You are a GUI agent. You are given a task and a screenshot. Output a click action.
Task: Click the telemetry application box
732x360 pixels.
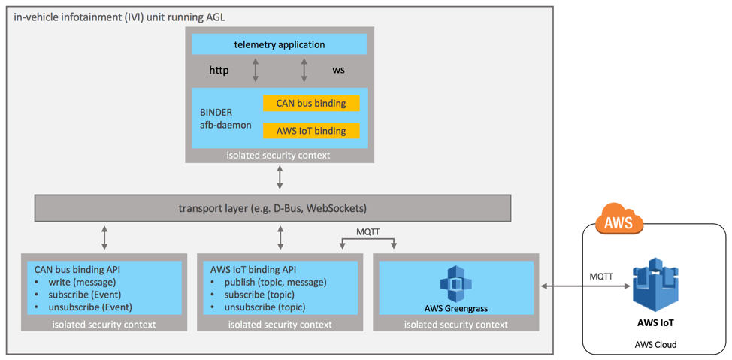(x=279, y=44)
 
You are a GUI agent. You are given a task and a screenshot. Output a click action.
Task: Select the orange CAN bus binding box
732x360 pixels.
(x=311, y=103)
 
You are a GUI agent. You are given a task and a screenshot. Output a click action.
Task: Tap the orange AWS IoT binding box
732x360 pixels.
(x=311, y=131)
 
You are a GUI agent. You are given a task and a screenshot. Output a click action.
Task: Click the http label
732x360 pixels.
(x=219, y=71)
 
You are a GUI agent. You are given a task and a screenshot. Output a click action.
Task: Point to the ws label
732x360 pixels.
(x=338, y=70)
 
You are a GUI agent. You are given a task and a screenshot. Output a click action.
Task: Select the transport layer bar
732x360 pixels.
(x=272, y=208)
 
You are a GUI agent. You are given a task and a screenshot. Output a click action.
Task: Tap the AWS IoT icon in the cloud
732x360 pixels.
(x=655, y=285)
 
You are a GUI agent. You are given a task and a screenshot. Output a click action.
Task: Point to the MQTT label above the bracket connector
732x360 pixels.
(x=368, y=232)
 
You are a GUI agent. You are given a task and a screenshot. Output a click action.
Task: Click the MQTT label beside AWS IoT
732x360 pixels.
(x=600, y=277)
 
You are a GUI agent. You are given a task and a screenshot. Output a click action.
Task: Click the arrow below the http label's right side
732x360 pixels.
(x=256, y=71)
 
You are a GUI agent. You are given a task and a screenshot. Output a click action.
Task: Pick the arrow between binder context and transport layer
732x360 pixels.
(x=280, y=177)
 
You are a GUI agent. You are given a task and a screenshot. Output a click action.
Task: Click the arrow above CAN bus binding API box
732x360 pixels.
(x=104, y=237)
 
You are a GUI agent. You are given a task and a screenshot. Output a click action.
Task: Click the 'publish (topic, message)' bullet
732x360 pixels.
(x=270, y=282)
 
